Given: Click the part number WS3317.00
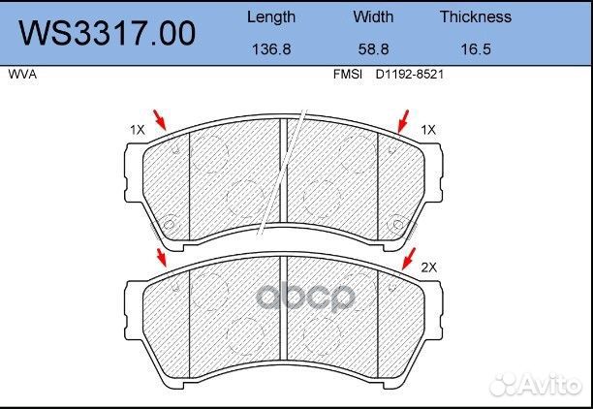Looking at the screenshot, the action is click(x=108, y=33).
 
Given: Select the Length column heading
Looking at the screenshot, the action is click(x=271, y=17).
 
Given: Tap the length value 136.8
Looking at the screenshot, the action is click(x=271, y=48).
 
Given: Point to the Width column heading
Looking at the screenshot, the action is click(x=373, y=16).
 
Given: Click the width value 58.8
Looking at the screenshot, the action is click(x=373, y=48).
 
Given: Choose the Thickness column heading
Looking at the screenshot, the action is click(x=476, y=16).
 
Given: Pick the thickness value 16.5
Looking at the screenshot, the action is click(x=476, y=48).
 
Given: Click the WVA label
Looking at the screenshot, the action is click(x=22, y=75).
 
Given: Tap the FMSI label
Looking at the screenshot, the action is click(x=348, y=74).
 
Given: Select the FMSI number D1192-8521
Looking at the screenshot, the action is click(x=409, y=74).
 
